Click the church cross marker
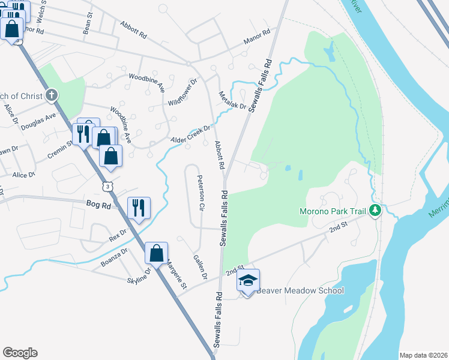pos(52,95)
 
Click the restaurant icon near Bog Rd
pos(139,208)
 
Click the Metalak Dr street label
pos(232,100)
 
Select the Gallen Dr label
pos(199,267)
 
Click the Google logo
pos(20,353)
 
